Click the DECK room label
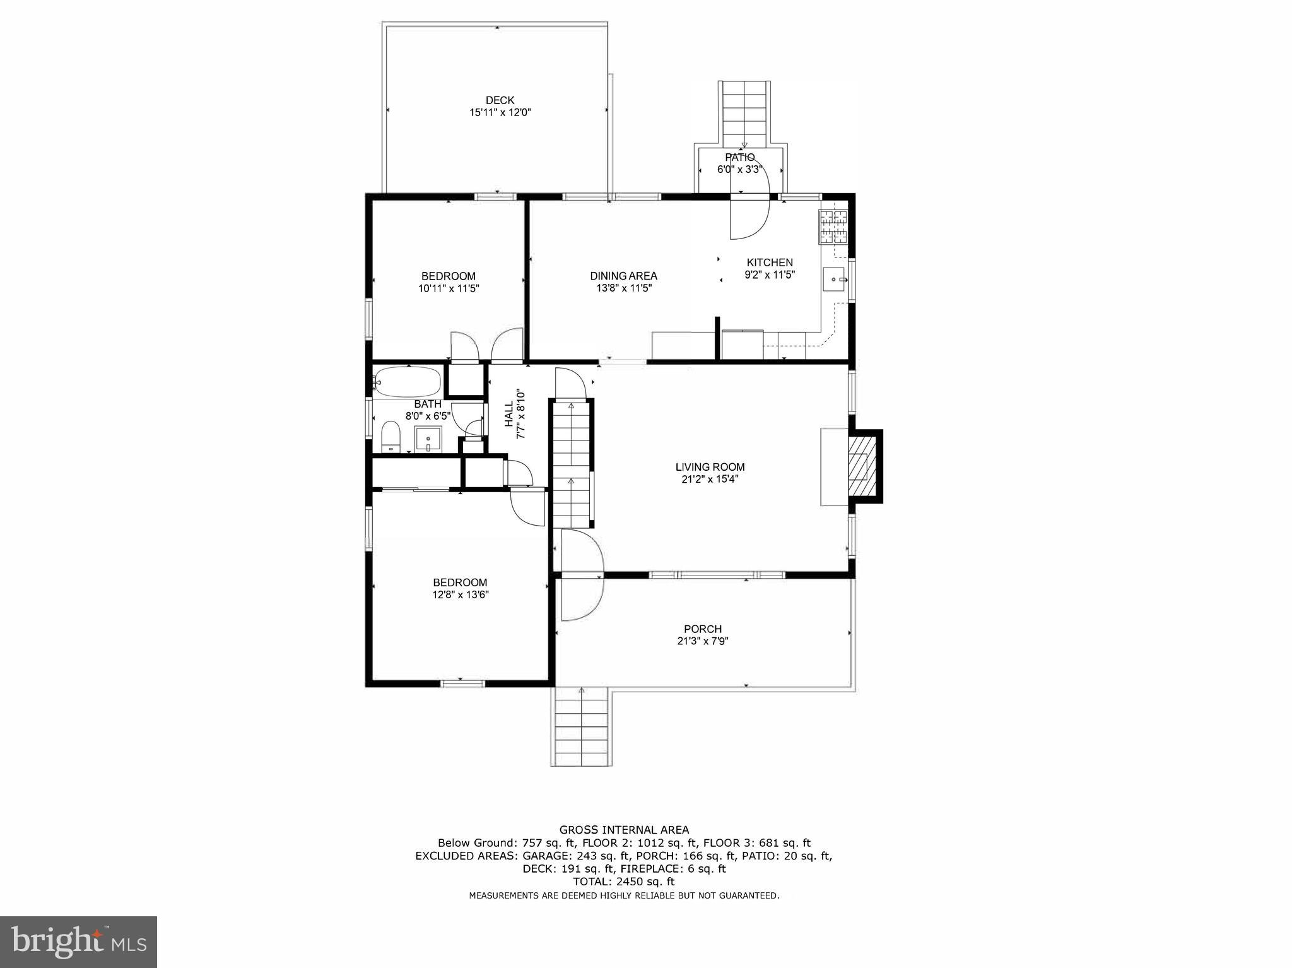[500, 100]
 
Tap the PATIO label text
[739, 157]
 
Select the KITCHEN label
[770, 263]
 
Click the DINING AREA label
[623, 276]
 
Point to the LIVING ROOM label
[710, 467]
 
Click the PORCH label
[703, 629]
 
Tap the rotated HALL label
[509, 414]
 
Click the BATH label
[428, 404]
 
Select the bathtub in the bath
[407, 381]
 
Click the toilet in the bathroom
[391, 437]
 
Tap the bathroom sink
[428, 438]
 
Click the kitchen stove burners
[833, 227]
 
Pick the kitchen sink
[833, 278]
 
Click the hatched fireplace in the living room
[858, 466]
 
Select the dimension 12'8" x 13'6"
[461, 594]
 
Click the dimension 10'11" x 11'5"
[448, 288]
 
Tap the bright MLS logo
[78, 941]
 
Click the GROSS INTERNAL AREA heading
[624, 830]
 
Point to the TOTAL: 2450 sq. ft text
[623, 882]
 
